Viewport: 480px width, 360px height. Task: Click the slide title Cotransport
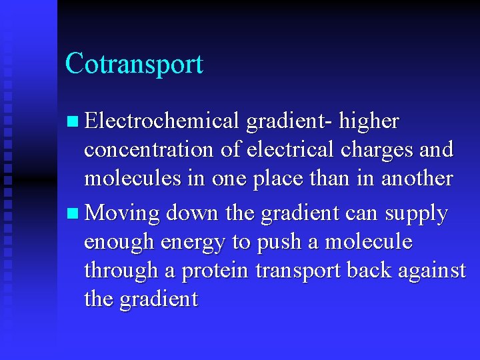click(134, 64)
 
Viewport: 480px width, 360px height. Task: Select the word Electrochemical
click(162, 121)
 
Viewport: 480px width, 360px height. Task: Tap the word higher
click(369, 121)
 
